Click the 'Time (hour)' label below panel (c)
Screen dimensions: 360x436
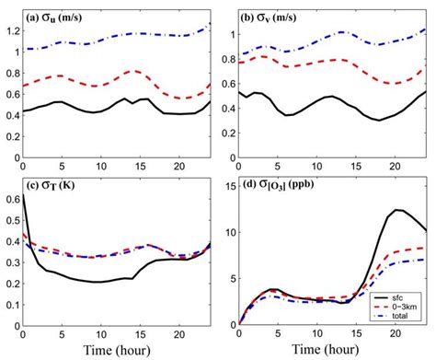(115, 351)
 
